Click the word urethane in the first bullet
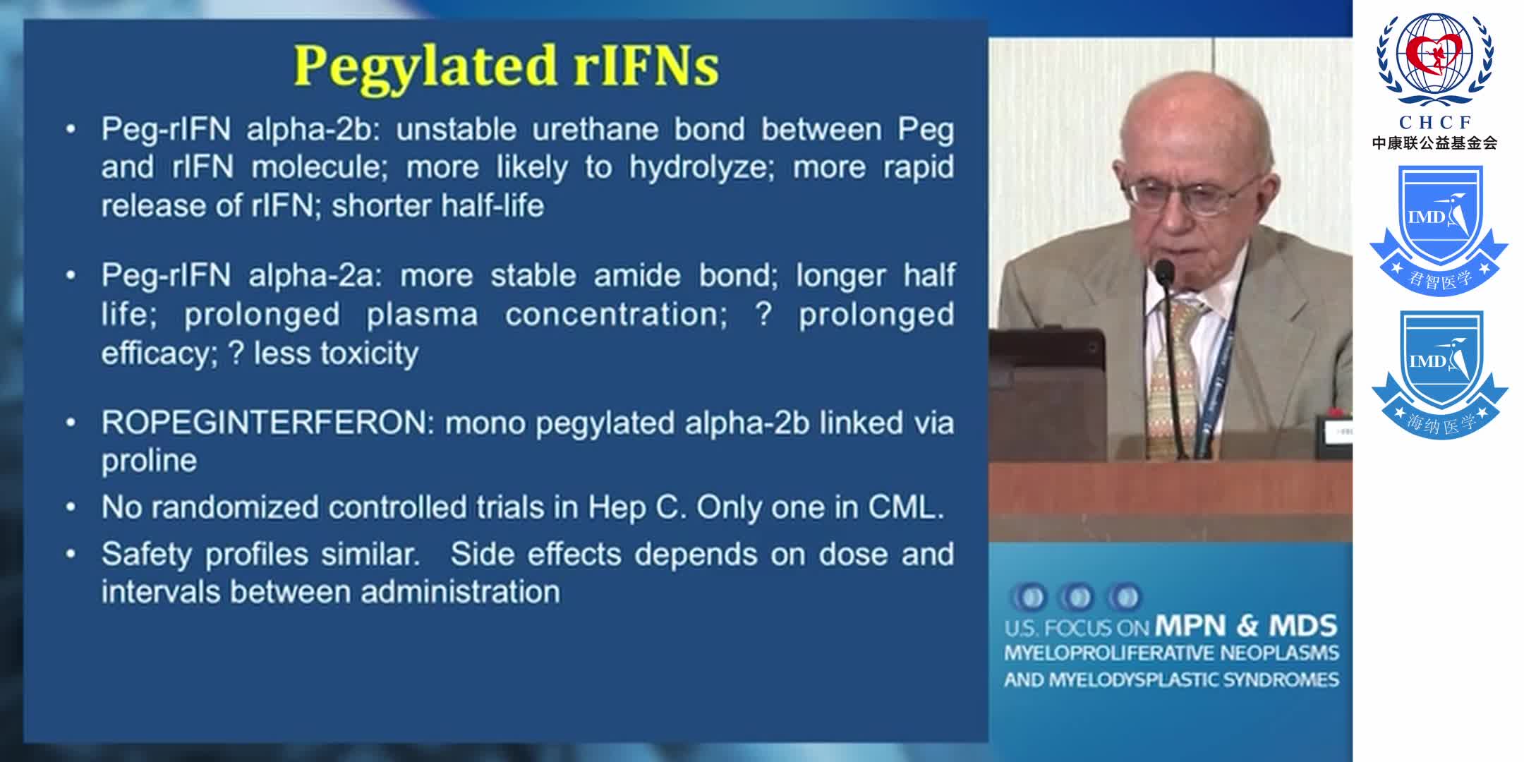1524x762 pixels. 595,130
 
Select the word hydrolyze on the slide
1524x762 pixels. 701,168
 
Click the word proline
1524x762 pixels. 149,461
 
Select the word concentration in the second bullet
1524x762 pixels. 615,315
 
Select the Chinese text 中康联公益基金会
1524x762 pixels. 1434,143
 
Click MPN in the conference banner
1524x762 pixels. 1190,626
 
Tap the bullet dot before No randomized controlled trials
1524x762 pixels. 71,508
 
